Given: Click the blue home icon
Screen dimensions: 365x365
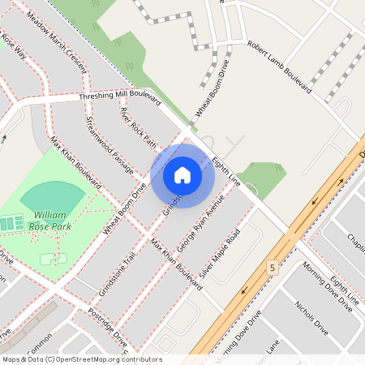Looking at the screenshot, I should pos(182,175).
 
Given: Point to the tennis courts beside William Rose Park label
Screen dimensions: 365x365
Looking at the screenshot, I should pos(11,222).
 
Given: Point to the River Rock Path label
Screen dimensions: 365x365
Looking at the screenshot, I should pos(138,128).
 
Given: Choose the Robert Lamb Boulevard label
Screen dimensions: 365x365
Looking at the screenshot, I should pos(279,69).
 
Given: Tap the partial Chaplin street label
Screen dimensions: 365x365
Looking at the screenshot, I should pos(355,240).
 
